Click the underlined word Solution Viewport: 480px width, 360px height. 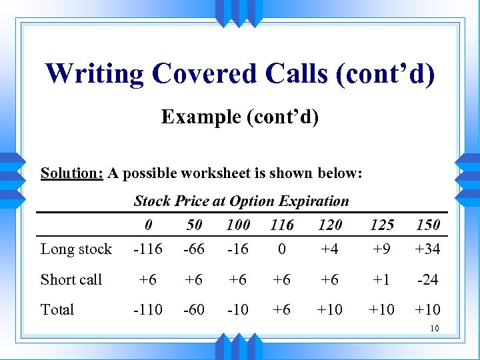(71, 173)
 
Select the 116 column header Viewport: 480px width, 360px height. (282, 225)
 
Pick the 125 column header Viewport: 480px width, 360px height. (382, 225)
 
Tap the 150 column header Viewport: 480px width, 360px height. (427, 225)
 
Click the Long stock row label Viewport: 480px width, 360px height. (76, 249)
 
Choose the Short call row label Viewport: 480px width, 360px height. (71, 279)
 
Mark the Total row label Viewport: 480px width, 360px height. (57, 309)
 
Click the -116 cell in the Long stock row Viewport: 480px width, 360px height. (147, 249)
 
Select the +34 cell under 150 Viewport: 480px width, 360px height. (427, 249)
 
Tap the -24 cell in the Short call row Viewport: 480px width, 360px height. (427, 279)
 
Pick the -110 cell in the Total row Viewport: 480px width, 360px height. (147, 309)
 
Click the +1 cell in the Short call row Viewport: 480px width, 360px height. (382, 279)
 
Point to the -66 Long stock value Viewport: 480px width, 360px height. (194, 249)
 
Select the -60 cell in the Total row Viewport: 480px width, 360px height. (194, 309)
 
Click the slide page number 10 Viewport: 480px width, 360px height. (434, 328)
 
